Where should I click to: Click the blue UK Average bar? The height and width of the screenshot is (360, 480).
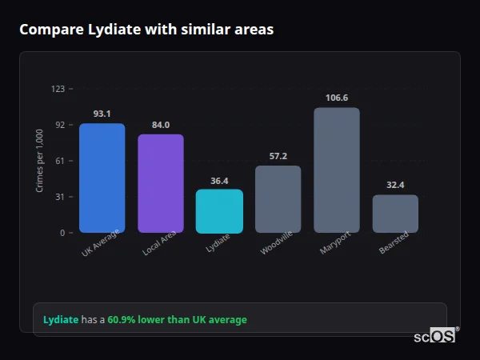pos(102,178)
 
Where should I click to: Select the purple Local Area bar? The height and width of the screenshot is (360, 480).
pos(161,183)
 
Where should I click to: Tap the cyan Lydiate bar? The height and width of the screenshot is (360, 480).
pos(219,211)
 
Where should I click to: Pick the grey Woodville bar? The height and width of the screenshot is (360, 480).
pos(278,199)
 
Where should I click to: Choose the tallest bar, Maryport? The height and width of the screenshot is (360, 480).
pos(337,170)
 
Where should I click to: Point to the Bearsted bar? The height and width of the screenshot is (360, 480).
pos(395,214)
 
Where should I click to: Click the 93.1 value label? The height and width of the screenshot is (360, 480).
pos(102,114)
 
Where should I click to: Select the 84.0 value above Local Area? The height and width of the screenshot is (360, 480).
pos(161,125)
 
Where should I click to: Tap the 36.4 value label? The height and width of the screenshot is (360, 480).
pos(219,181)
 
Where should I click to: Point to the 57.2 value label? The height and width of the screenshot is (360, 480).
pos(278,156)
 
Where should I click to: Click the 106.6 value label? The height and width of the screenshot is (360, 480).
pos(337,98)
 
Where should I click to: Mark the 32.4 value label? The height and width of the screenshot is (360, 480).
pos(395,185)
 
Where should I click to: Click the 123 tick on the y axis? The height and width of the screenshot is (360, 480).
pos(58,89)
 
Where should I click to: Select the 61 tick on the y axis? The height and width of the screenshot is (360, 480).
pos(60,161)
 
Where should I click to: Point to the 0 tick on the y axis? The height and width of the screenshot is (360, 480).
pos(62,233)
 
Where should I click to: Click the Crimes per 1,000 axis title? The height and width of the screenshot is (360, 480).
pos(40,161)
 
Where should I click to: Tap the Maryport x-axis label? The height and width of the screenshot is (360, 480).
pos(335,244)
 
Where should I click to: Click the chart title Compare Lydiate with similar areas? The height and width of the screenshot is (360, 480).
pos(146,30)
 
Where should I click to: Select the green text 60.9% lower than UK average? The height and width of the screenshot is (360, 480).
pos(177,320)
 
